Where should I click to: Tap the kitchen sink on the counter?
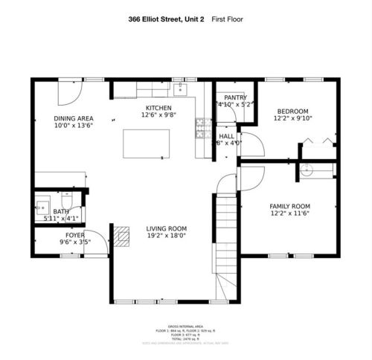[181, 90]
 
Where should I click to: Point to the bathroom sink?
[43, 202]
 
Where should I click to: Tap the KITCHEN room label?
[158, 108]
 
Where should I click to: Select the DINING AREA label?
[73, 118]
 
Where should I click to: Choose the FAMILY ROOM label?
[289, 206]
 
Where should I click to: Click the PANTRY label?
[235, 97]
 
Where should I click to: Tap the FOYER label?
[74, 235]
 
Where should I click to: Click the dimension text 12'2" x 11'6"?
[289, 214]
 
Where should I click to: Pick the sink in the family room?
[306, 170]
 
